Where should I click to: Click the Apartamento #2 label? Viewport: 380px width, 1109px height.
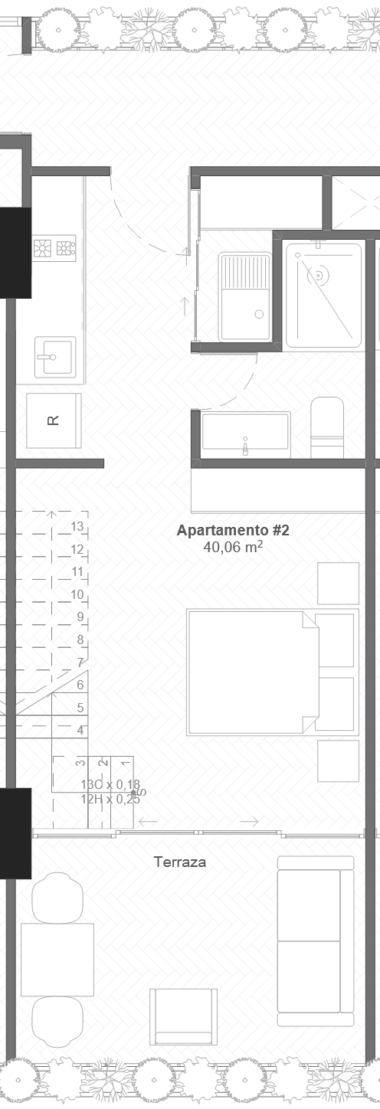point(233,530)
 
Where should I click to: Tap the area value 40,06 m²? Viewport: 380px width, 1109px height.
point(233,547)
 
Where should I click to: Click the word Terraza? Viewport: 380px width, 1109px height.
point(180,862)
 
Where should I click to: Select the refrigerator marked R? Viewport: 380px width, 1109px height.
point(54,420)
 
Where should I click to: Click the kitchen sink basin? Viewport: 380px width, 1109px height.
point(55,356)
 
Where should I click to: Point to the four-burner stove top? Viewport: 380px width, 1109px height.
point(54,247)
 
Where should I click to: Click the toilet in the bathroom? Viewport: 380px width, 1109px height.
point(327,428)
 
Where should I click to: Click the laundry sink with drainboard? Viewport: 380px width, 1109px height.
point(244,296)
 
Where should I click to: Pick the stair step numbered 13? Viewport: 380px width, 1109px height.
point(77,526)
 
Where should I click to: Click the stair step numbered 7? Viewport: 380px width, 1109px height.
point(80,662)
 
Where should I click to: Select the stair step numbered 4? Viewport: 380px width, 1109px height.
point(80,730)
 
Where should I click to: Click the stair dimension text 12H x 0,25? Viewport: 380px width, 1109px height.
point(110,798)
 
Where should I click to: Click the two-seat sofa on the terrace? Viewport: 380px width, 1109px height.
point(315,941)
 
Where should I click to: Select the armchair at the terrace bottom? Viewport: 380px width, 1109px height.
point(183,1016)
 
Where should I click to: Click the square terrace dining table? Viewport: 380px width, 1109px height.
point(57,959)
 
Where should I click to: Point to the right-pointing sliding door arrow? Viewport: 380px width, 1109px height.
point(249,822)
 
